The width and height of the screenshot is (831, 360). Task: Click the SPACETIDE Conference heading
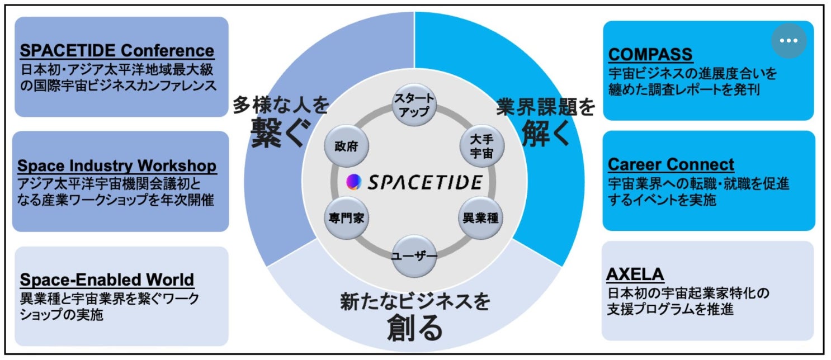click(x=117, y=51)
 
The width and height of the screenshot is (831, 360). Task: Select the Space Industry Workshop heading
click(x=117, y=166)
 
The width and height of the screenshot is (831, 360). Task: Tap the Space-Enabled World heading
click(x=107, y=279)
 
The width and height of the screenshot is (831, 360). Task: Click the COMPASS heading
click(x=650, y=54)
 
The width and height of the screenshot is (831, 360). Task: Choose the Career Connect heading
click(x=671, y=164)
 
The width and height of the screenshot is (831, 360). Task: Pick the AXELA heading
click(x=635, y=274)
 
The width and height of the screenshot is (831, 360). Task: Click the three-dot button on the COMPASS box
click(x=788, y=40)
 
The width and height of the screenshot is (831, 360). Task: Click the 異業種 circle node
click(x=480, y=218)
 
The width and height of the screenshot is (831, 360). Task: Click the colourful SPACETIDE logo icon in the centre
click(x=354, y=182)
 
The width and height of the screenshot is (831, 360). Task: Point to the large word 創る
click(x=415, y=329)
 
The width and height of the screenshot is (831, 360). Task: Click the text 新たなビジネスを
click(x=415, y=302)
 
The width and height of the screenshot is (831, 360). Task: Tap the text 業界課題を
click(x=545, y=106)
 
